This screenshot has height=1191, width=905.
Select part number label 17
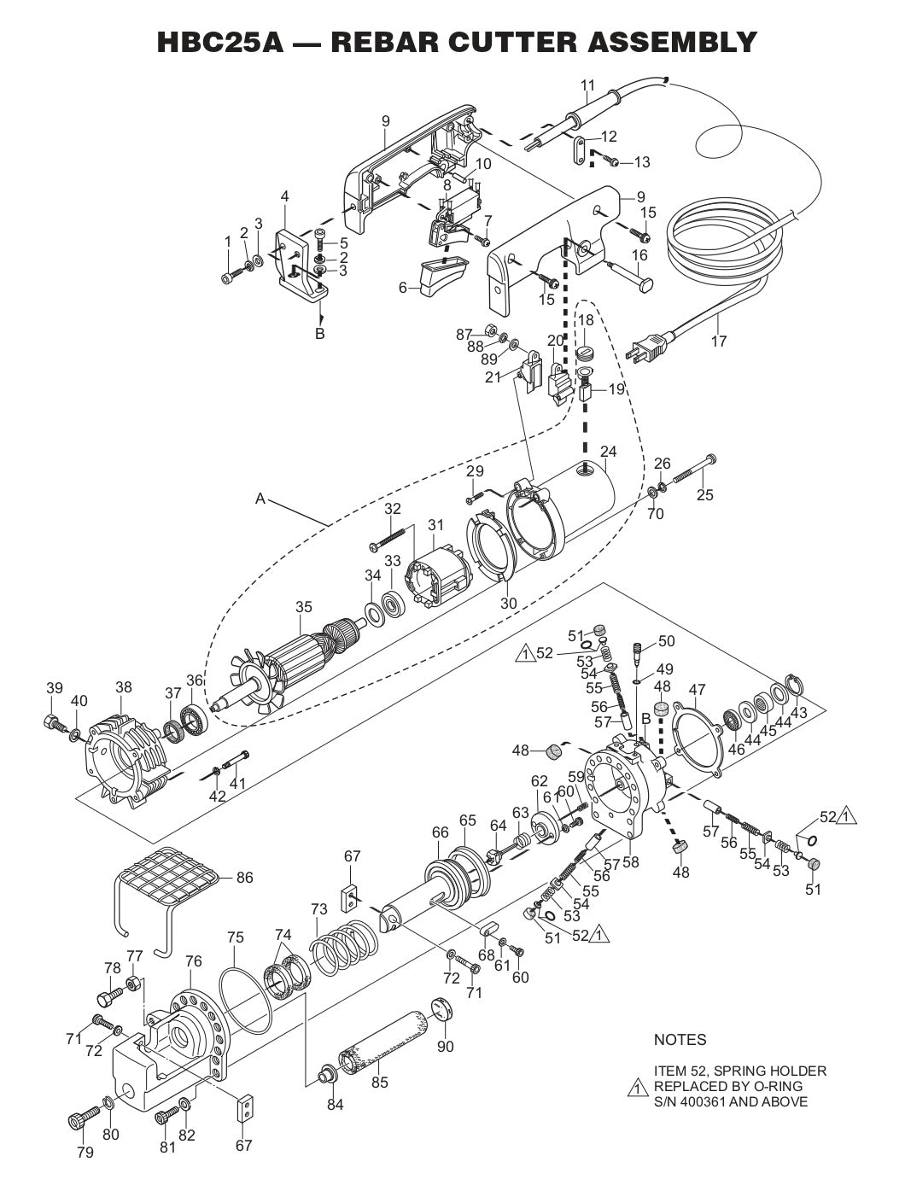[718, 342]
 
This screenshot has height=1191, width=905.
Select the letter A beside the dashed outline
[260, 499]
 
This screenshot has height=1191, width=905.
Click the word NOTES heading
[680, 1040]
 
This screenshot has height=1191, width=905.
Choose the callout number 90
[445, 1047]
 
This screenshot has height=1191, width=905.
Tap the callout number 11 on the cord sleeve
[587, 85]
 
